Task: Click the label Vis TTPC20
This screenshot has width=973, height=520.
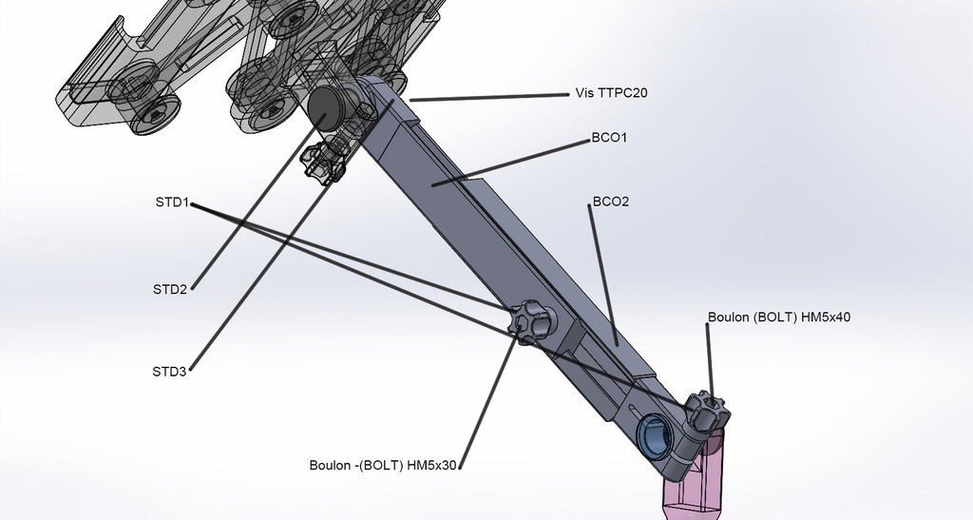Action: (x=611, y=93)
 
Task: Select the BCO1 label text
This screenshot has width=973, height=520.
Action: (x=609, y=138)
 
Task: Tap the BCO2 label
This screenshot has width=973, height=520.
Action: (x=610, y=202)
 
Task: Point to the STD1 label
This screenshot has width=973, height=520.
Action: (x=172, y=202)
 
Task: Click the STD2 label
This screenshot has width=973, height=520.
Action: (x=169, y=289)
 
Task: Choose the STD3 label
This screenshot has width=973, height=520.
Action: (x=169, y=371)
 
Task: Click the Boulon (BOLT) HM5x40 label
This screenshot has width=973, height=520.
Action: (x=778, y=318)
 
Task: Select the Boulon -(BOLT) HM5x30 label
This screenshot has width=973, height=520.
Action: (x=384, y=466)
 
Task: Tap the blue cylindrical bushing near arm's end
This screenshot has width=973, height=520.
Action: (x=656, y=435)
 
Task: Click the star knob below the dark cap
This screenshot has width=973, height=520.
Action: (x=322, y=164)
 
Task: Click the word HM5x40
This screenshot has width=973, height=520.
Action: (x=826, y=318)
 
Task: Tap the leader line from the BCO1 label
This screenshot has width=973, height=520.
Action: (x=513, y=161)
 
